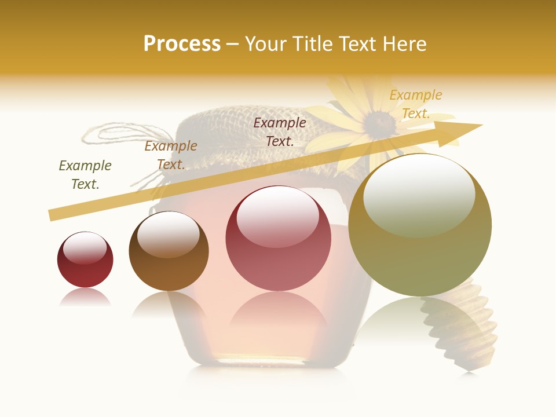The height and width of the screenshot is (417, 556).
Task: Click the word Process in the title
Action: pos(182,44)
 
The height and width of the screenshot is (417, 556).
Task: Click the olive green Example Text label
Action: pos(85,174)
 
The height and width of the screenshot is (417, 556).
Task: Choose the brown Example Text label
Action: pos(171,155)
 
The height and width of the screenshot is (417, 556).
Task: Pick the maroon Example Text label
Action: pos(280,131)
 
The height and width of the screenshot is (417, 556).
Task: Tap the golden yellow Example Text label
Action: pos(416,104)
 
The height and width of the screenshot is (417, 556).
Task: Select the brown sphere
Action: pos(169,251)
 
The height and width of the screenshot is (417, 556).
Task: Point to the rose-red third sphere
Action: pos(279,239)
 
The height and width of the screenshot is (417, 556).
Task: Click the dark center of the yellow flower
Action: pos(379,121)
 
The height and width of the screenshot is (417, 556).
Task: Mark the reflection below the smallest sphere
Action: pos(85,298)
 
